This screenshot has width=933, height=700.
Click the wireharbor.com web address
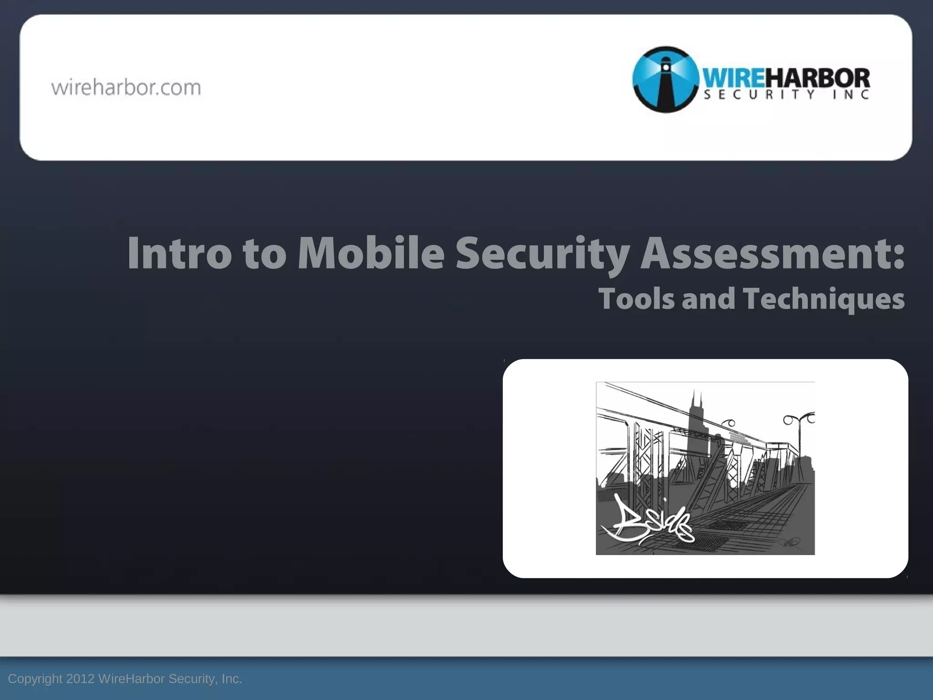(126, 87)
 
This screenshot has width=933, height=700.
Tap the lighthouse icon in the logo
(666, 79)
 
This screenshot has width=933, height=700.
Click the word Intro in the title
(179, 253)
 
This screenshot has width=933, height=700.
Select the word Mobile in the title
(371, 253)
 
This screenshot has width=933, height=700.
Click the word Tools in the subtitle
(636, 299)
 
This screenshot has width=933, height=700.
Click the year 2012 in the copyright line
(80, 679)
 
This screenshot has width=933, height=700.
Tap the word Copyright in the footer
(35, 679)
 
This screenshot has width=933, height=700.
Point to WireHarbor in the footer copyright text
(132, 679)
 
